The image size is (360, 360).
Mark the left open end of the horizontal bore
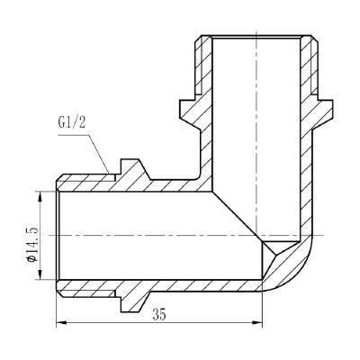click(58, 234)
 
